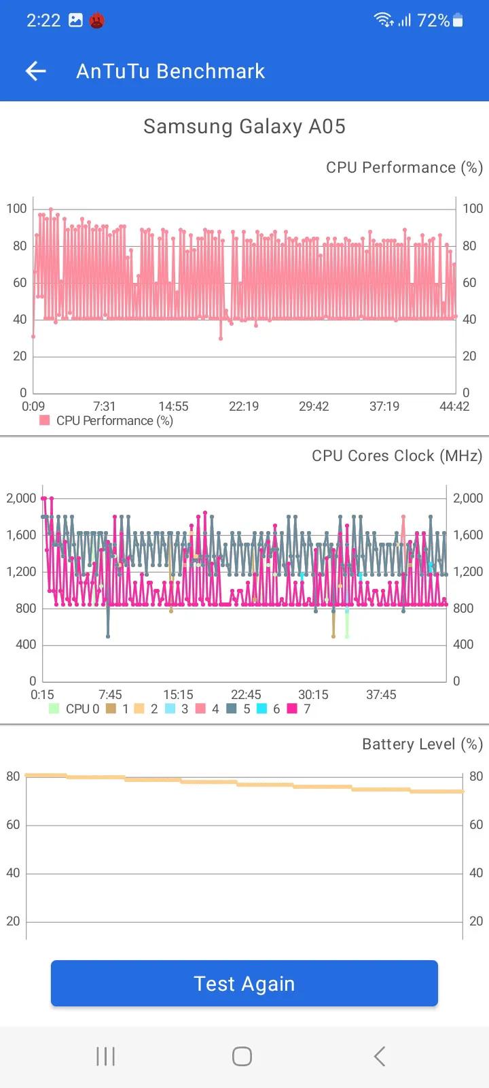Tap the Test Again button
[x=244, y=983]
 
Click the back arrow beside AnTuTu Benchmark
[x=35, y=71]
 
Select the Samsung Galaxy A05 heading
[x=244, y=126]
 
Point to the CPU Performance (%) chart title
[x=404, y=167]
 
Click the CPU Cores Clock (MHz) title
[x=397, y=456]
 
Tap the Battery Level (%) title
[x=422, y=744]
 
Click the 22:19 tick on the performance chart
[x=243, y=406]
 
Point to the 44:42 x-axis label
[x=454, y=406]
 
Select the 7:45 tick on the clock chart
[x=110, y=694]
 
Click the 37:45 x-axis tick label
[x=381, y=694]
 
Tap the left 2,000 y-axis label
[x=21, y=498]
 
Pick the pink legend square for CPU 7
[x=292, y=709]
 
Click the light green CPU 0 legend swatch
[x=54, y=709]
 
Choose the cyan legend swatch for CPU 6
[x=261, y=709]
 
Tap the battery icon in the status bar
[x=458, y=20]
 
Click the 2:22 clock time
[x=43, y=20]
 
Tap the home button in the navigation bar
[x=242, y=1056]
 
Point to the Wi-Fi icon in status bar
[x=384, y=20]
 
